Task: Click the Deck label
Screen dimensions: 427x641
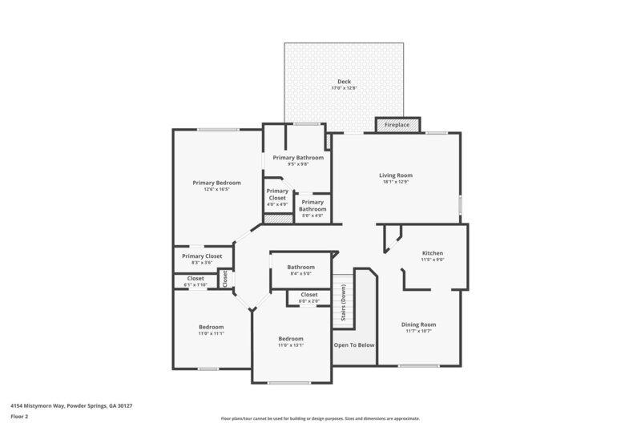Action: tap(344, 82)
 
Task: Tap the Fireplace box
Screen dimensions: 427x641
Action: tap(397, 125)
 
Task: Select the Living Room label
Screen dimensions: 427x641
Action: tap(396, 175)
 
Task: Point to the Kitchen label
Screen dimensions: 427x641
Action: tap(433, 253)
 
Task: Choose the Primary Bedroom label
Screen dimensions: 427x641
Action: tap(216, 183)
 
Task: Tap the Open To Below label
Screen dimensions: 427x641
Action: tap(354, 345)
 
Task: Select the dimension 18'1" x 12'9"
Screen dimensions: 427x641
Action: tap(396, 182)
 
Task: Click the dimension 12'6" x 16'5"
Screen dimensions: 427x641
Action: tap(216, 190)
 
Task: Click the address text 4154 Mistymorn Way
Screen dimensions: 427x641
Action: tap(71, 405)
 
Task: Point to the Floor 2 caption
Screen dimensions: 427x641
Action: tap(20, 417)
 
